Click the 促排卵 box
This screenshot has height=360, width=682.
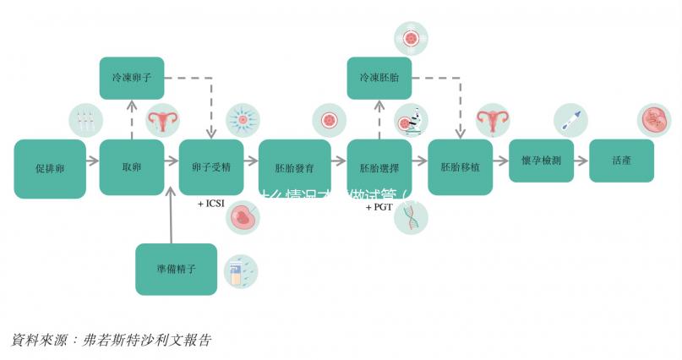tap(50, 168)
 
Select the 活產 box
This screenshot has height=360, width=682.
tap(621, 161)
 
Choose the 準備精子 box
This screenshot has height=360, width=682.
tap(176, 269)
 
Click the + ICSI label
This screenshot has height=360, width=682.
tap(212, 204)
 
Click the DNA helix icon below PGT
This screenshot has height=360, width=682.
tap(412, 216)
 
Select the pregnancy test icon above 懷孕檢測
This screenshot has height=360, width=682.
tap(570, 121)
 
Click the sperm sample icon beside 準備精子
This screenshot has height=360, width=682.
tap(239, 272)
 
